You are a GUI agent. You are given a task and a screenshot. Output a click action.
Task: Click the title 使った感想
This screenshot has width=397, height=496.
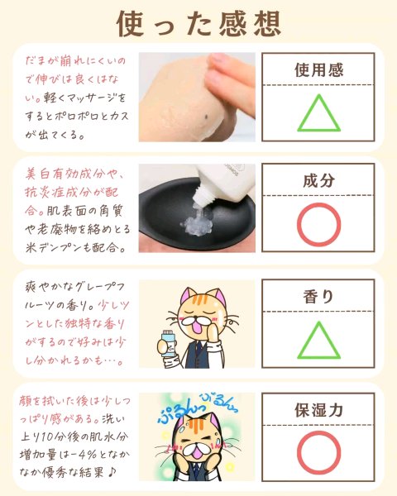(198, 24)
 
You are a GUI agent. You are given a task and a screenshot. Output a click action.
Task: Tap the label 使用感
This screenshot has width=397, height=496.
(318, 69)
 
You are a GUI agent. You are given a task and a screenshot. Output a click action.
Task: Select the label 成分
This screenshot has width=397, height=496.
(318, 180)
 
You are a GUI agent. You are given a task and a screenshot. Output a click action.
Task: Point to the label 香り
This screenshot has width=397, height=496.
(318, 297)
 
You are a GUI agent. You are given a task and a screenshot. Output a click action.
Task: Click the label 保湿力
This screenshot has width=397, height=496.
(318, 410)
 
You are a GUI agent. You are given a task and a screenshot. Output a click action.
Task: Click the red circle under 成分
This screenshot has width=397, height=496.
(318, 225)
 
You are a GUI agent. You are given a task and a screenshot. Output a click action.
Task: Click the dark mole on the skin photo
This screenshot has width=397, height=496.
(206, 117)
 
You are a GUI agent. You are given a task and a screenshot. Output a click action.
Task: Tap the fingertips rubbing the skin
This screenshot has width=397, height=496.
(222, 79)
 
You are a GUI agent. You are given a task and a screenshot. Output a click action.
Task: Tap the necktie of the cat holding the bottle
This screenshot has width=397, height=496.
(198, 348)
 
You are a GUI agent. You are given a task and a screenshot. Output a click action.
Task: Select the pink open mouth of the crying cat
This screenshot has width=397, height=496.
(197, 450)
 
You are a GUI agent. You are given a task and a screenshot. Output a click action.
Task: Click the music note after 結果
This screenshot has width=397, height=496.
(112, 473)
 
